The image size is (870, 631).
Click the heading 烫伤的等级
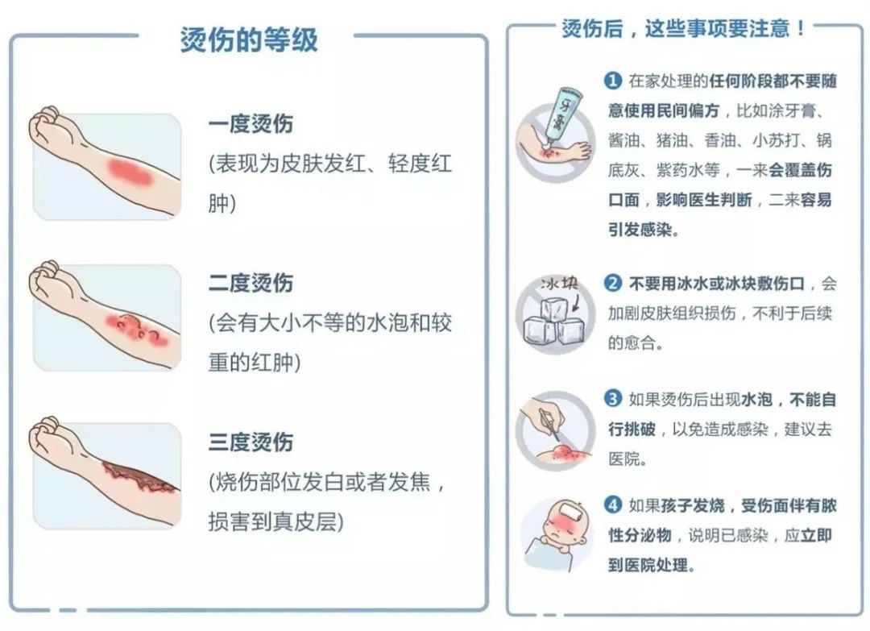pos(249,39)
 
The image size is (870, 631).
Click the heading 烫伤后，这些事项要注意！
pos(684,29)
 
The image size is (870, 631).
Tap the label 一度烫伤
pos(251,124)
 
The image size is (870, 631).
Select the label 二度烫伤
pos(251,283)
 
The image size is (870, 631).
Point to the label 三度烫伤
pos(251,442)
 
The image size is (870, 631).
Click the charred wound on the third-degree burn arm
pos(137,478)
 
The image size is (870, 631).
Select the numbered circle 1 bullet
pos(613,81)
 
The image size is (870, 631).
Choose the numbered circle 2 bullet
pos(613,284)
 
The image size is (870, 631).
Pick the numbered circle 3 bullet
pos(613,398)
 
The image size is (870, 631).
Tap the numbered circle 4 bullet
pos(613,505)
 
